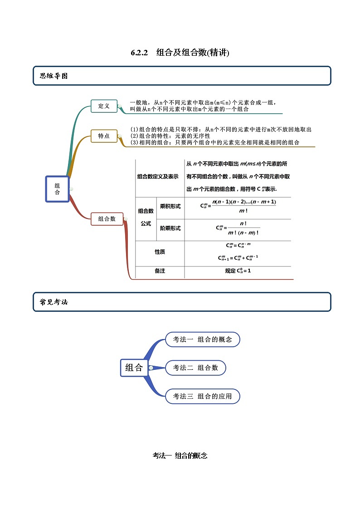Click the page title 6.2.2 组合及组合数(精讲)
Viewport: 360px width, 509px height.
click(x=180, y=53)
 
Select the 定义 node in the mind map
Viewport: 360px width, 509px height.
click(x=104, y=106)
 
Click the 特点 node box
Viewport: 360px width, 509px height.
click(x=104, y=136)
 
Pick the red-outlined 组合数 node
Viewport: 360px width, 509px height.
click(x=107, y=219)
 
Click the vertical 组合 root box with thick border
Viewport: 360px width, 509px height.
click(x=57, y=189)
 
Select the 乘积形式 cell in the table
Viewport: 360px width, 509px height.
click(x=170, y=206)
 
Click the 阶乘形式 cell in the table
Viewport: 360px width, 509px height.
click(x=170, y=228)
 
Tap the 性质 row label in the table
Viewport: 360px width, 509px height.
click(x=160, y=252)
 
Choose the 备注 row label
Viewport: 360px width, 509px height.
click(x=160, y=271)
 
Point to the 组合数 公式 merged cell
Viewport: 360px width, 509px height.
click(x=146, y=217)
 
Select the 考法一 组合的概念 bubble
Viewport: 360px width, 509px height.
click(x=202, y=339)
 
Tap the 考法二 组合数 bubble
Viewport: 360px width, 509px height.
click(x=195, y=368)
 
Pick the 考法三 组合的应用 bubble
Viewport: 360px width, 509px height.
click(x=202, y=396)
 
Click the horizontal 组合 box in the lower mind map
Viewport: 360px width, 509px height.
click(x=134, y=368)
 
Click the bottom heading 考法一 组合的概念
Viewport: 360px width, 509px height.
click(x=180, y=456)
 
